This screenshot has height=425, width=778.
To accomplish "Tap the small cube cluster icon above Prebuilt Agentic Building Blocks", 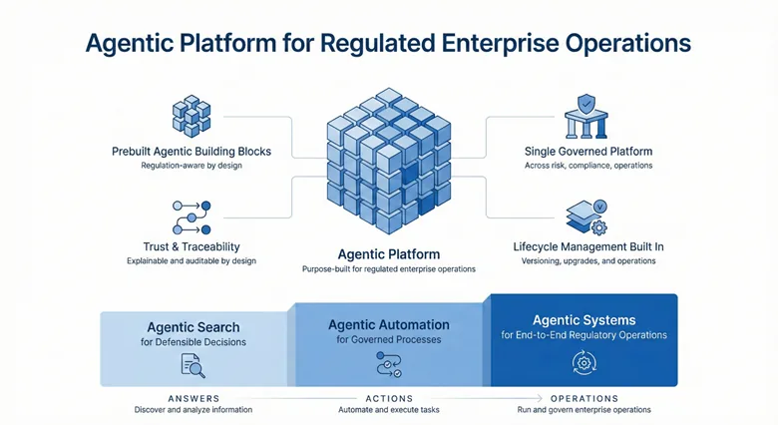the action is pos(192,116).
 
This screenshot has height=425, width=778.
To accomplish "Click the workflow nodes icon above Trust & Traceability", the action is pos(192,217).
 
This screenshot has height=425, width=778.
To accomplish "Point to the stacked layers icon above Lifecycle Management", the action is pos(586,216).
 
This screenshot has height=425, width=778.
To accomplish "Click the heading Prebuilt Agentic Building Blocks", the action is pos(192,152).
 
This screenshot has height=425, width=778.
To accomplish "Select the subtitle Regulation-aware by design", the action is pos(192,166).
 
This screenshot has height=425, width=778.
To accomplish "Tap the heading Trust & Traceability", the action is pos(192,246).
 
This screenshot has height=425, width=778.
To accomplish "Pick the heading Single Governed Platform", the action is pos(588,152).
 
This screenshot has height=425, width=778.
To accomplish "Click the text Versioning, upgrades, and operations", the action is pos(588,260).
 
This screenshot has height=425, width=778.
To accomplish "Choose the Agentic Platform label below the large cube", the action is pos(389,254).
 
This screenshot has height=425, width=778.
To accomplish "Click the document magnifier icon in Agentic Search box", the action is pos(194,365).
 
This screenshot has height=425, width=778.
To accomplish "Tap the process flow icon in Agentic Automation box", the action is pos(389,364).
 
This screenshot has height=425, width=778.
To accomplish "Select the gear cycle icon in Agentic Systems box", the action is pos(583,363).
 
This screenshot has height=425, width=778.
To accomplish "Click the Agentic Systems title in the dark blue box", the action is pos(583,320).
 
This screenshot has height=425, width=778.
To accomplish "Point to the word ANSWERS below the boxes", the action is pos(194,399).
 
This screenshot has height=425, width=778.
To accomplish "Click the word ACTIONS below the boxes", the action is pos(389,399).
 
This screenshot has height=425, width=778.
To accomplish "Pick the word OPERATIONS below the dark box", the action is pos(584,399).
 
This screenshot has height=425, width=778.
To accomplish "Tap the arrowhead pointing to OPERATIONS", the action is pos(539,398).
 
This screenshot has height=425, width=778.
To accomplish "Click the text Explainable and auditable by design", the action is pos(192,260).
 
